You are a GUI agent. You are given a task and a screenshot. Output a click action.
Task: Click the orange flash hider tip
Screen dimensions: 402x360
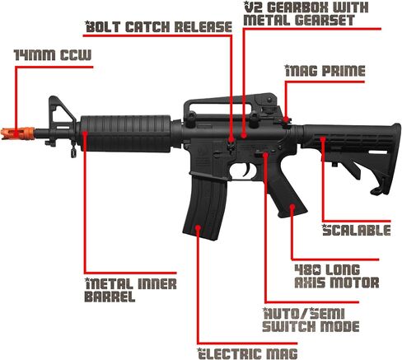point(17,133)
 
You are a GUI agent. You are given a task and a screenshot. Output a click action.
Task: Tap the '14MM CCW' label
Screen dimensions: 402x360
point(53,55)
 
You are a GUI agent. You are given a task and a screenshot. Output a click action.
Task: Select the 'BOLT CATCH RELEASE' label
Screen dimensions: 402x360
point(159,27)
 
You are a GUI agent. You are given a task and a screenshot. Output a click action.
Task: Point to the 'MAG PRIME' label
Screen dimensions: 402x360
point(325,71)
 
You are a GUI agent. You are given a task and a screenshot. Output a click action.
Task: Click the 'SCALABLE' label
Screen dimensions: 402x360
point(357,230)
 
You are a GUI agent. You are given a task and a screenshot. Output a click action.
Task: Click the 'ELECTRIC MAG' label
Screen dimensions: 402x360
point(248,353)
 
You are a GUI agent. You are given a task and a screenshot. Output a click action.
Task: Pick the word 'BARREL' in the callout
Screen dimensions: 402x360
point(110,297)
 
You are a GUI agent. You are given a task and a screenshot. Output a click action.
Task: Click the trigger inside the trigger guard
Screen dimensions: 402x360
point(246,170)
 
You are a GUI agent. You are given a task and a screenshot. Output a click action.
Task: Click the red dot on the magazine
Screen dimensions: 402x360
point(198,227)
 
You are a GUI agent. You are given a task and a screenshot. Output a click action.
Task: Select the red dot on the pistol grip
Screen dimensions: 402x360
point(292,206)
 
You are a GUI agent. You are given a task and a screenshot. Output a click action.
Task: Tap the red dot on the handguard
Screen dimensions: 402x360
point(85,133)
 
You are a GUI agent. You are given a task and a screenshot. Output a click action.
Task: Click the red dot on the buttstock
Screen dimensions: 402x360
point(323,139)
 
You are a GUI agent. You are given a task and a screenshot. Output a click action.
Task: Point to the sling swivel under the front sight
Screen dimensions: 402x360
point(73,150)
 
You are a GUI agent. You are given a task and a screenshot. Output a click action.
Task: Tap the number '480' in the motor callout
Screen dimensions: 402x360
point(307,270)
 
